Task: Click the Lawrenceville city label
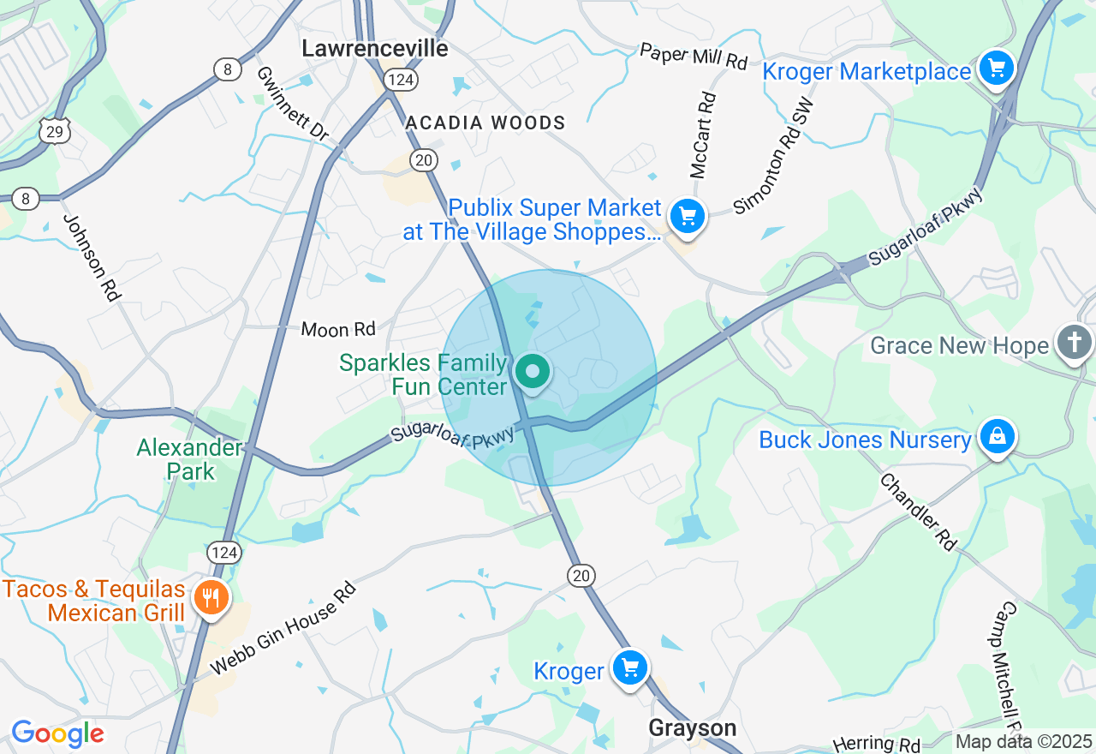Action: click(x=375, y=49)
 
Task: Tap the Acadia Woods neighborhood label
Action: click(x=485, y=123)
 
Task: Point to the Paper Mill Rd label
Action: click(x=694, y=56)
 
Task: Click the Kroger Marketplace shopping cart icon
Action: click(x=997, y=69)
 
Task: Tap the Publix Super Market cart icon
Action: click(x=688, y=216)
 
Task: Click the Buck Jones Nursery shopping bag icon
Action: click(x=997, y=436)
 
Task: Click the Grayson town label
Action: click(x=692, y=728)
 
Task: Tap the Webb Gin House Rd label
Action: click(x=283, y=627)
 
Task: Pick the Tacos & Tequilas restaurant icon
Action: click(x=210, y=597)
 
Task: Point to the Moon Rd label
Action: click(x=338, y=329)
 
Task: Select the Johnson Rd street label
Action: click(x=91, y=256)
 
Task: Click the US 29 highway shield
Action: click(x=53, y=130)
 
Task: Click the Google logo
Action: click(x=57, y=733)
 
